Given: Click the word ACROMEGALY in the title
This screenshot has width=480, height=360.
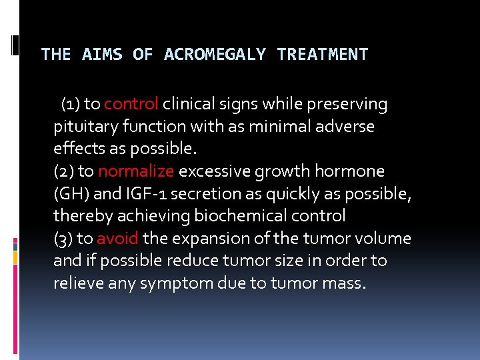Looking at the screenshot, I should coord(215,55).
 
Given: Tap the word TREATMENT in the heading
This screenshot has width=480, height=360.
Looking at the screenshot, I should coord(322,55).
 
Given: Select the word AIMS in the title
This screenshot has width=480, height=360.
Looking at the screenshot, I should coord(102,55).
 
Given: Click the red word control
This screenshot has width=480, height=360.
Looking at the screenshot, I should coord(131,104).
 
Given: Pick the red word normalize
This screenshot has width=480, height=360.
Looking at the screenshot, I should coord(136,171).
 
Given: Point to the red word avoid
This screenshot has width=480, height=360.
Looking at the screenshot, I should coord(117,239).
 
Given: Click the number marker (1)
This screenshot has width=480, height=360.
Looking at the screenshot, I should coord(71,105).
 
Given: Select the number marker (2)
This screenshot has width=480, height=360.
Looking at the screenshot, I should coord(64,171).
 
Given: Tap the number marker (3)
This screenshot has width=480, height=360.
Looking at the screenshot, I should coord(64,239).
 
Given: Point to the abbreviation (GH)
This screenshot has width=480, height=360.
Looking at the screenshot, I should coord(69,194).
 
